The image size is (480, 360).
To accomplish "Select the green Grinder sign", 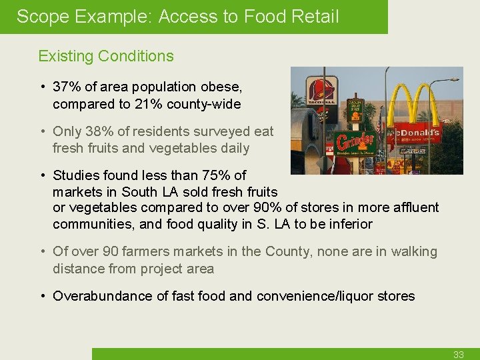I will (355, 142).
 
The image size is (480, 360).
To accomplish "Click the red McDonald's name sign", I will (417, 133).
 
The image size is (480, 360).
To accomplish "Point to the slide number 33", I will (458, 355).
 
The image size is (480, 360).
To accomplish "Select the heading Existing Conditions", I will (106, 56).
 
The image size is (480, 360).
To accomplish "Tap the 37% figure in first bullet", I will (66, 87).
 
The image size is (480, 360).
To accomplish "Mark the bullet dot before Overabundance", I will (42, 296).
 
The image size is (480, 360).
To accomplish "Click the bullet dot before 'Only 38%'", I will (42, 131).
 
